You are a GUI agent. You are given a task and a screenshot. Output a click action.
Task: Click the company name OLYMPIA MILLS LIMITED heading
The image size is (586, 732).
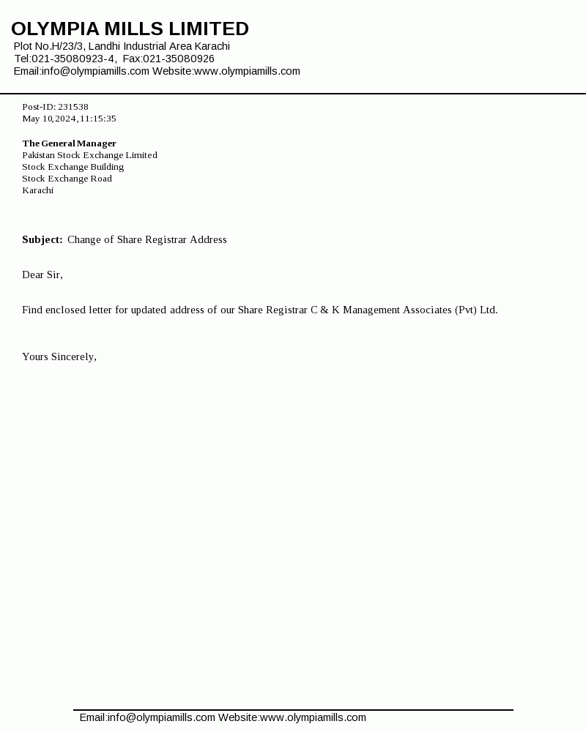click(130, 29)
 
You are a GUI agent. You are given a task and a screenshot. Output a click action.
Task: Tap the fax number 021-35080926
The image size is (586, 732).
click(179, 59)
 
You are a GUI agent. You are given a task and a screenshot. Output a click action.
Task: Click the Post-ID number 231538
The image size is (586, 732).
click(73, 107)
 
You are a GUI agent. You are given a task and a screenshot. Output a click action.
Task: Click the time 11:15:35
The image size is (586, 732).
click(98, 119)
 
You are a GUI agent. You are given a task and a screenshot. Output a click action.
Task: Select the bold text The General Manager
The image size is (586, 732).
click(69, 143)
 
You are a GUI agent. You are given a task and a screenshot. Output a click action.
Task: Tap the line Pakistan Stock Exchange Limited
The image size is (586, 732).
click(89, 155)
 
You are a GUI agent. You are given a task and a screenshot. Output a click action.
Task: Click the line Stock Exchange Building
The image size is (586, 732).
click(73, 167)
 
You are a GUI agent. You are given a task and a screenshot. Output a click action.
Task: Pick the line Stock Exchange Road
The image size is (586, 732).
click(67, 179)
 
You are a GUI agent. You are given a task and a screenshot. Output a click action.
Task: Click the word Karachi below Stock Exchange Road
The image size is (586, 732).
click(37, 190)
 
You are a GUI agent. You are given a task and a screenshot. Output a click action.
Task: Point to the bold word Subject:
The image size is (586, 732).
click(42, 239)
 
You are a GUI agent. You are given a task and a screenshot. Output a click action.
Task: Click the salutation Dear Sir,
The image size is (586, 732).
click(42, 274)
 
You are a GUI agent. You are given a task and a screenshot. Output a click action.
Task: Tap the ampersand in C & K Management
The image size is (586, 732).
click(324, 310)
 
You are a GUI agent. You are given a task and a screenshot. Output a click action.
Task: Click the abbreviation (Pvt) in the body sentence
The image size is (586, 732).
click(465, 310)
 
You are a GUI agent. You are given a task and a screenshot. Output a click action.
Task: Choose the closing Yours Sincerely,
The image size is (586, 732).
click(59, 356)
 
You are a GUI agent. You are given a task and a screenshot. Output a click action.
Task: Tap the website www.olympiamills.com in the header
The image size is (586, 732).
click(247, 71)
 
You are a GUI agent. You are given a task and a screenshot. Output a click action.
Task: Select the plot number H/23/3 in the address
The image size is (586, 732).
click(66, 46)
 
